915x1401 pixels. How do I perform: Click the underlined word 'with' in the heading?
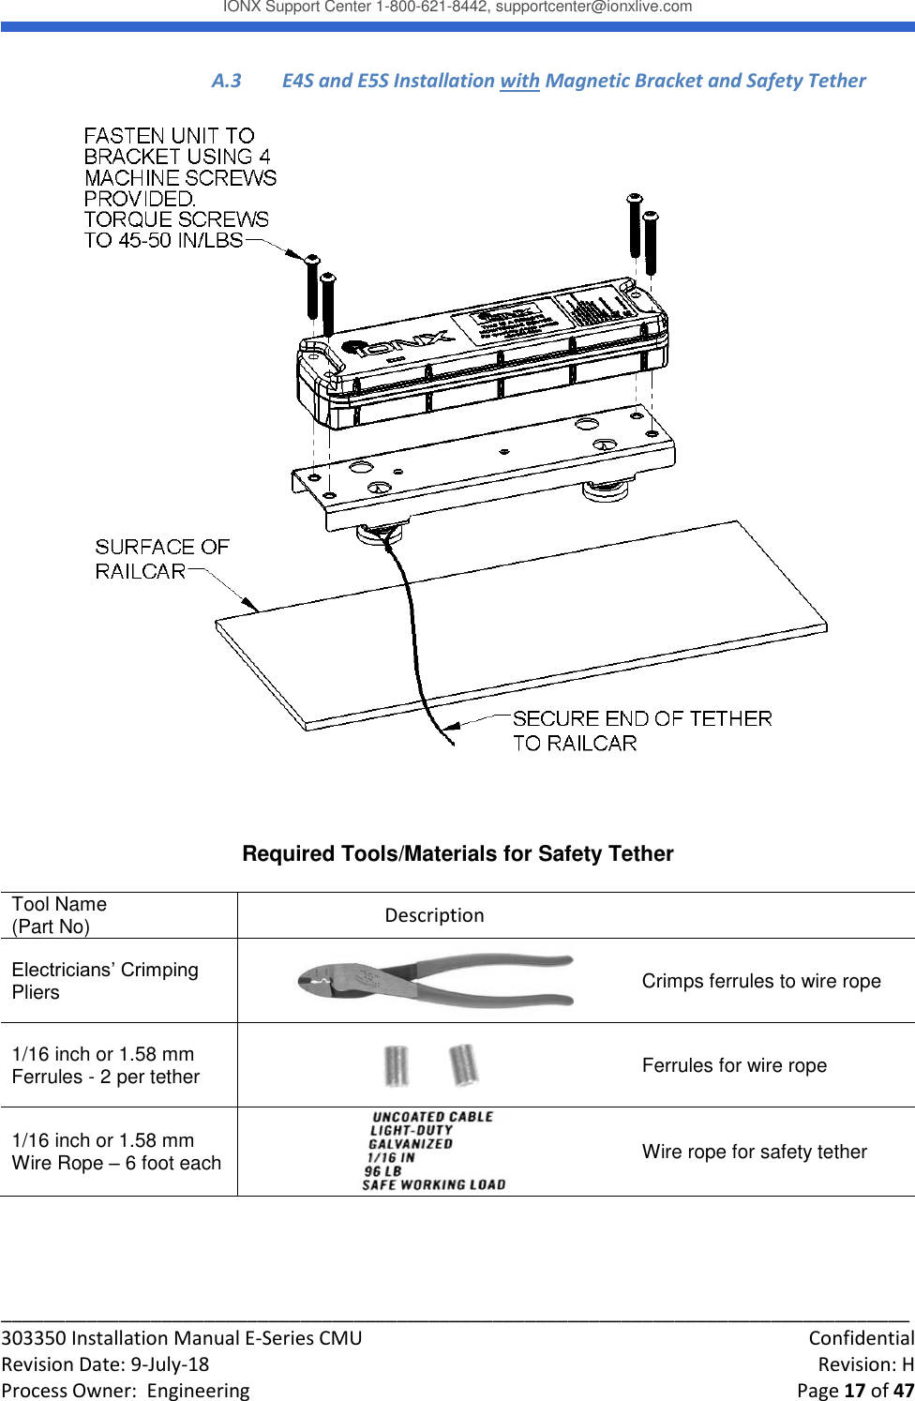coord(519,81)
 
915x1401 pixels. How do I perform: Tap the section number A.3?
coord(226,81)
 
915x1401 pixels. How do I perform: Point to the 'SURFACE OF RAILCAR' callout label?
coord(161,559)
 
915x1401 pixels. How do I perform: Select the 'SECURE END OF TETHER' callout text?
coord(642,719)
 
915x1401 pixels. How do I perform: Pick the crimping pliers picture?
coord(435,980)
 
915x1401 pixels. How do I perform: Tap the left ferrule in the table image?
coord(397,1066)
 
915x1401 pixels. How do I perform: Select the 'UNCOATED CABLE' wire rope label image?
coord(432,1151)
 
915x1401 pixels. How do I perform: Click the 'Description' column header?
coord(434,915)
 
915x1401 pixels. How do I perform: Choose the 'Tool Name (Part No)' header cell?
coord(59,915)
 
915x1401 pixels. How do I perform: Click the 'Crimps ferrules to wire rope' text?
coord(761,981)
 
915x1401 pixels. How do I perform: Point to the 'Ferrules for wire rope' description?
coord(734,1065)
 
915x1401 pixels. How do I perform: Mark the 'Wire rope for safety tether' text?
coord(754,1152)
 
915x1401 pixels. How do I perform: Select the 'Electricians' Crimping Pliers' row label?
coord(105,981)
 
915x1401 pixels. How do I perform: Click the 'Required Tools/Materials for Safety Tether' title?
coord(457,853)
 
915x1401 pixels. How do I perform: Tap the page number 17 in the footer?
coord(854,1390)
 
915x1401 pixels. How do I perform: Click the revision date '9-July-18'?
coord(170,1364)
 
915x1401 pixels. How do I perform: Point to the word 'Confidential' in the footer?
coord(861,1338)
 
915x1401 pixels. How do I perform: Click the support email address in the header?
coord(593,8)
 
